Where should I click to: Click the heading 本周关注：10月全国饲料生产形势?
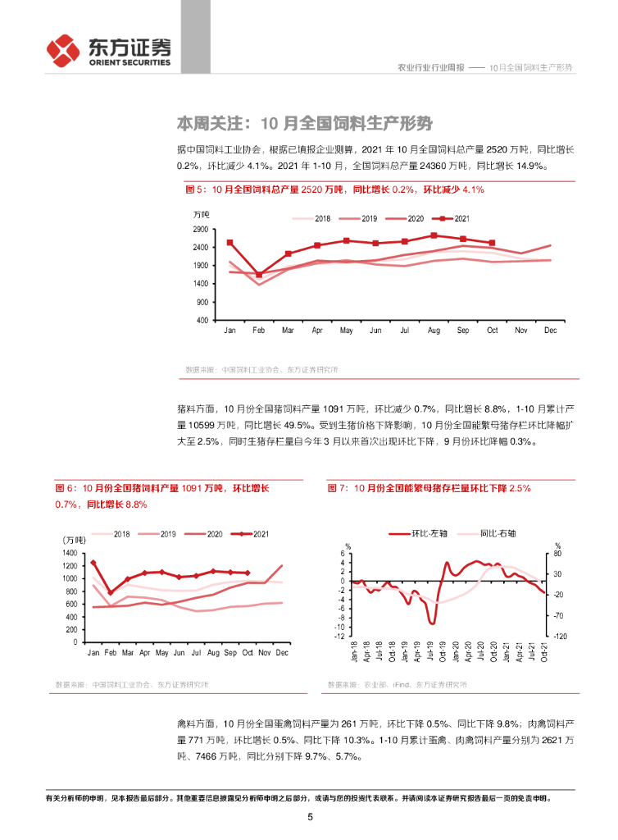(x=304, y=124)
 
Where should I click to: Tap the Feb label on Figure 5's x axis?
(x=259, y=330)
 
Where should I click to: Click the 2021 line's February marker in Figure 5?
(x=259, y=275)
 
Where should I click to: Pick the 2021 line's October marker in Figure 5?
(x=491, y=243)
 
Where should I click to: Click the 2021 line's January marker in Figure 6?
(x=93, y=563)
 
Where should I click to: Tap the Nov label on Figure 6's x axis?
(x=264, y=652)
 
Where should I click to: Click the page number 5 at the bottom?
(x=310, y=817)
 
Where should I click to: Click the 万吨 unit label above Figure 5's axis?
(x=202, y=215)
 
